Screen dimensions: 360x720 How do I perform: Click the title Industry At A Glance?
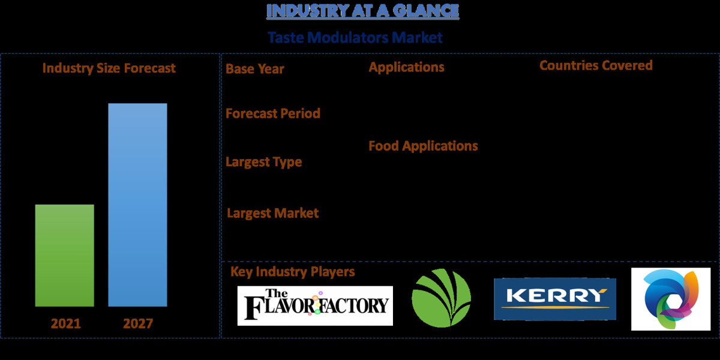click(362, 11)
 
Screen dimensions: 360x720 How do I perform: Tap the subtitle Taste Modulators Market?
click(355, 38)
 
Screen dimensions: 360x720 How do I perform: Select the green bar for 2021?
click(65, 256)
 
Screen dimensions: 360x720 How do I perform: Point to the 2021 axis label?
click(66, 324)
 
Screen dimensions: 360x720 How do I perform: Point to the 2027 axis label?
click(138, 324)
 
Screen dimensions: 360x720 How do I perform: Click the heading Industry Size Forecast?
click(109, 68)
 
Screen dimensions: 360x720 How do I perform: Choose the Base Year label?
click(255, 69)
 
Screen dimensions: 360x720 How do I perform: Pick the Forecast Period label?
click(273, 113)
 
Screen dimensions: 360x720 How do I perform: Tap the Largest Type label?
click(263, 162)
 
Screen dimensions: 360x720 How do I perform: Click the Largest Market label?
click(273, 213)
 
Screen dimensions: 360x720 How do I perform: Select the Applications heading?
click(406, 67)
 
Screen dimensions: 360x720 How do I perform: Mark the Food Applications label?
click(423, 146)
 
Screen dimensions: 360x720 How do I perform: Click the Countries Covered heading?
click(596, 65)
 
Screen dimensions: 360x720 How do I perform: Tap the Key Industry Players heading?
click(293, 272)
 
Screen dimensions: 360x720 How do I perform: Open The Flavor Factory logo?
click(315, 305)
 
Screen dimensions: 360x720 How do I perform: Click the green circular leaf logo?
click(442, 298)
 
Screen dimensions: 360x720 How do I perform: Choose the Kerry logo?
click(554, 299)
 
